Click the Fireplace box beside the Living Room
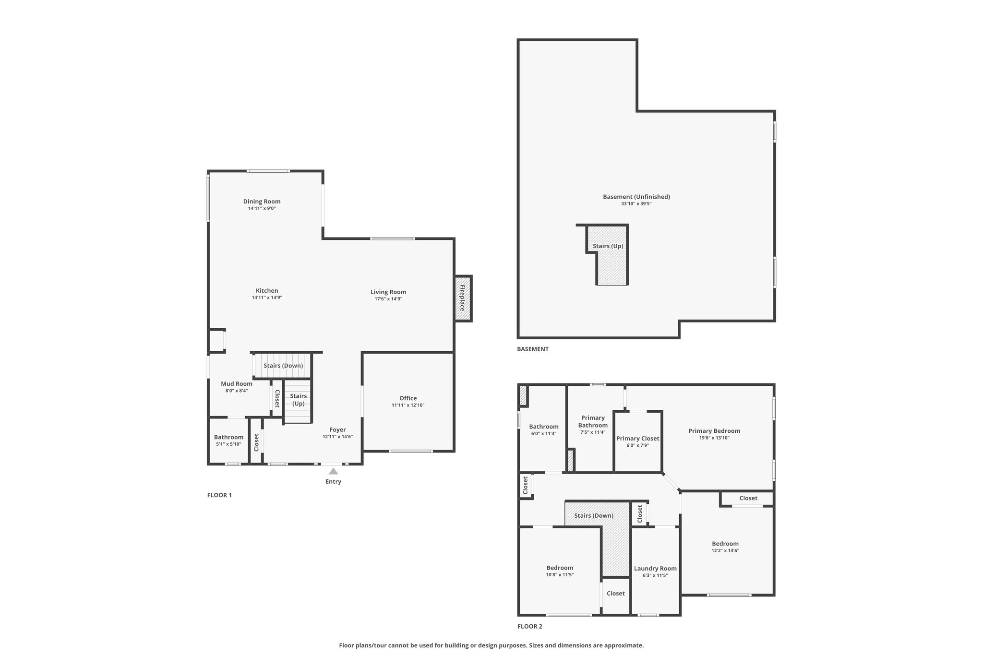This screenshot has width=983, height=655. point(463,298)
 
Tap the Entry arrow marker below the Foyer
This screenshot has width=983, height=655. point(333,471)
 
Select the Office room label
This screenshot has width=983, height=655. point(408,398)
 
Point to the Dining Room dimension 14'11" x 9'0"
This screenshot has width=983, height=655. point(262,209)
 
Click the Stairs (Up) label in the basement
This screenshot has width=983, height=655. point(608,246)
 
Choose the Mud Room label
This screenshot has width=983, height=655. point(237,384)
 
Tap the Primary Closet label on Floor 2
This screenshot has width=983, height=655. point(638,439)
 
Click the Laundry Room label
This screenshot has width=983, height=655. point(655,569)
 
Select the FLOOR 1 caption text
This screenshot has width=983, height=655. point(219,495)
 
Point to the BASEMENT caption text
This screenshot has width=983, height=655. point(533,349)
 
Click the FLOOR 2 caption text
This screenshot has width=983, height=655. point(530,626)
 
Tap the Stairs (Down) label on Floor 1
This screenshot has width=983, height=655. point(283,366)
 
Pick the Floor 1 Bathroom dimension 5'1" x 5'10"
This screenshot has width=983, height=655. point(228,444)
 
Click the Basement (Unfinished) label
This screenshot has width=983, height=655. point(636,197)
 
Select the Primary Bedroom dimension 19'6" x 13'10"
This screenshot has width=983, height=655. point(714,438)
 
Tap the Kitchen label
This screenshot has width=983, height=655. point(267,291)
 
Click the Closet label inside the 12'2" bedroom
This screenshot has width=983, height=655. point(748,499)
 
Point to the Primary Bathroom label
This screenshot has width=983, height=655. point(593,422)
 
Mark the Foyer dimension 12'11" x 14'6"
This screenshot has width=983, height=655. point(337,437)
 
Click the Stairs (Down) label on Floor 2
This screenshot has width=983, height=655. point(594,516)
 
